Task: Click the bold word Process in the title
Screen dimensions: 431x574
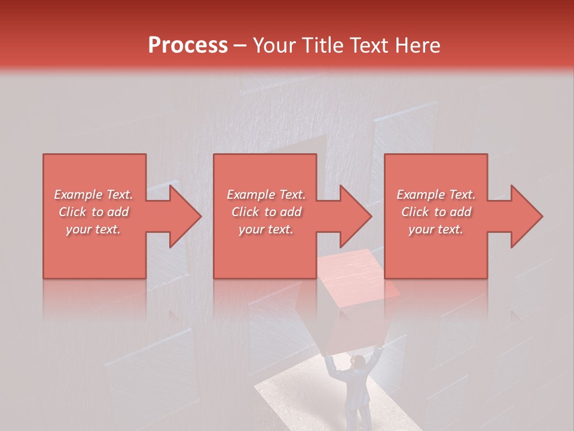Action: coord(188,45)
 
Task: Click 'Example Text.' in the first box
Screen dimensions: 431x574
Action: coord(93,195)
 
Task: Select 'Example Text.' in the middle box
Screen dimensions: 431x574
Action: coord(265,195)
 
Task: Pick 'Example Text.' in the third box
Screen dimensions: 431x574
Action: coord(436,195)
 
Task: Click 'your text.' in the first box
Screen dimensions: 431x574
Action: coord(93,229)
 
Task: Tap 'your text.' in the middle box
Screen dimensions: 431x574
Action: coord(265,229)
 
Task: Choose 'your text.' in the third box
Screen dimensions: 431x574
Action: coord(436,229)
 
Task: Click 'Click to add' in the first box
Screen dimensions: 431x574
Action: coord(93,212)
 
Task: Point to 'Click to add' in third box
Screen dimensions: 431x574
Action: coord(436,212)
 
